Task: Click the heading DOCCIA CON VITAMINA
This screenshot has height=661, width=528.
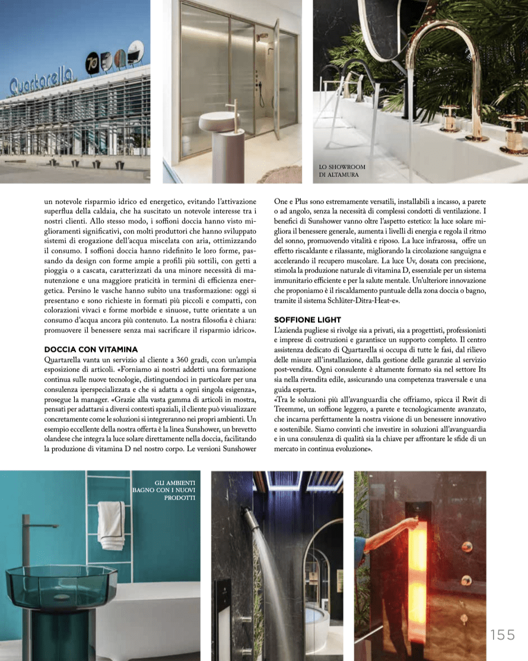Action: pos(91,349)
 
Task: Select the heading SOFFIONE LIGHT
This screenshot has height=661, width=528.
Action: pos(308,320)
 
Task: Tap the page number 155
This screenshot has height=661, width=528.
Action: pos(502,635)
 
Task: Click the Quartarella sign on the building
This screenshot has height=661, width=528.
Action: pos(41,81)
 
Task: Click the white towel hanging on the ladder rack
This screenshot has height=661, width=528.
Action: pos(111,525)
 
